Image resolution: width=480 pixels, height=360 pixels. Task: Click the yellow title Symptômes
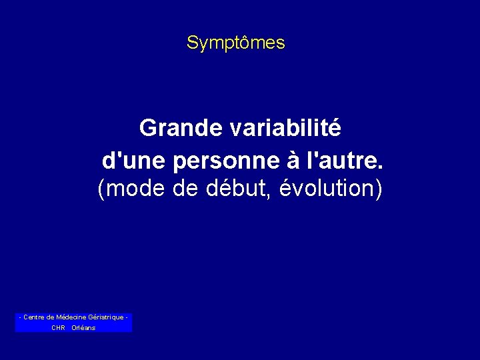coord(235,43)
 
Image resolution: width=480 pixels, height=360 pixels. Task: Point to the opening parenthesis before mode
coord(101,190)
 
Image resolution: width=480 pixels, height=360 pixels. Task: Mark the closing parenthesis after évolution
coord(379,190)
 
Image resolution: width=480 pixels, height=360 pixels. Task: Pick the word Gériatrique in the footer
coord(105,317)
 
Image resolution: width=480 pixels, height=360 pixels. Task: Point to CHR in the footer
coord(58,328)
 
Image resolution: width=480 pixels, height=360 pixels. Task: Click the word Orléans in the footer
coord(83,328)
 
